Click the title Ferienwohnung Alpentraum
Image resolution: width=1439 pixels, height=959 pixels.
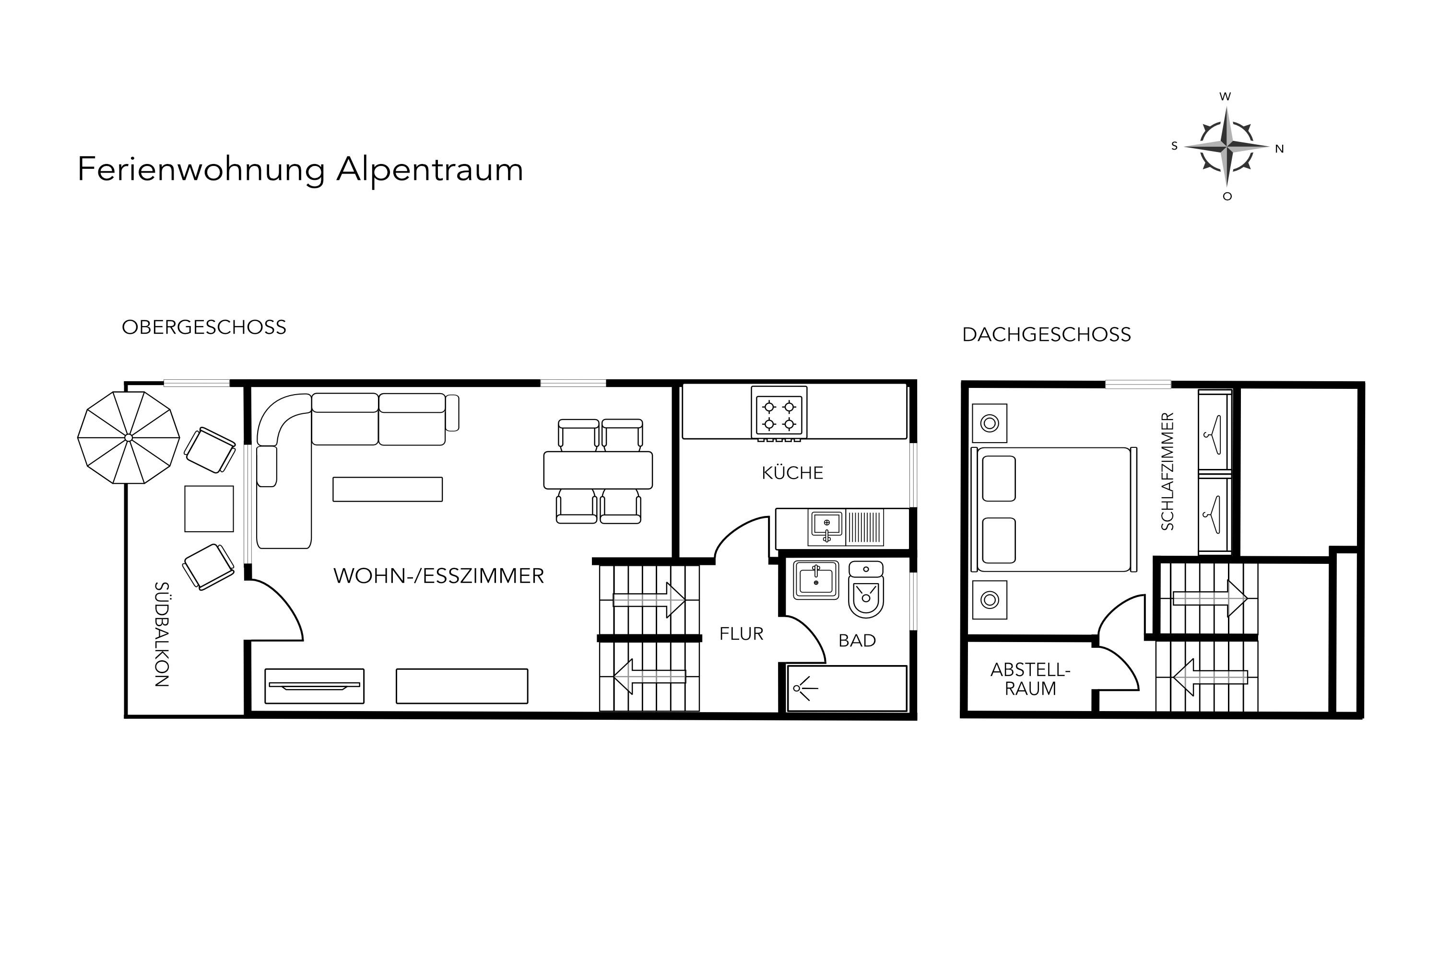pos(300,169)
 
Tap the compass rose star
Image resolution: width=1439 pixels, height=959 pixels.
pos(1226,147)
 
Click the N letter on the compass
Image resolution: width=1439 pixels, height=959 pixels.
pos(1279,149)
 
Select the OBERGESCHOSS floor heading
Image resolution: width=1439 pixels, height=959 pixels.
pos(204,327)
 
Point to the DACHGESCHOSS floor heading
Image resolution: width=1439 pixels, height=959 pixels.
pos(1046,335)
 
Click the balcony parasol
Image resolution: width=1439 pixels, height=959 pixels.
pos(129,437)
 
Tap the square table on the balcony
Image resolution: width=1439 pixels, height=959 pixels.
pos(209,509)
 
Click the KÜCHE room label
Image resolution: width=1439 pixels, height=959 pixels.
pos(792,473)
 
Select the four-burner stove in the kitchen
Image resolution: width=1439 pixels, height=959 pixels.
pos(779,413)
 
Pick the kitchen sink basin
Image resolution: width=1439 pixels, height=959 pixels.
pos(826,526)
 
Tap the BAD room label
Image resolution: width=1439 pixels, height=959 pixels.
pos(857,640)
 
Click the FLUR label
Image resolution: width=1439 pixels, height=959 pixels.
pos(742,633)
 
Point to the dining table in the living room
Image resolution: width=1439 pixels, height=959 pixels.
pos(598,470)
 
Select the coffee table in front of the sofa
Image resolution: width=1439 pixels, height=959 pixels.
pos(387,489)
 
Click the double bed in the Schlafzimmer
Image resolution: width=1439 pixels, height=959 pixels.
pos(1053,509)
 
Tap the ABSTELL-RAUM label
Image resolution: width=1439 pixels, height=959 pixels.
pos(1030,679)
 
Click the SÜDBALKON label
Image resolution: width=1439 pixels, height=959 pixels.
pos(162,634)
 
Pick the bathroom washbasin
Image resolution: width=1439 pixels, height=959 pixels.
pos(816,580)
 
